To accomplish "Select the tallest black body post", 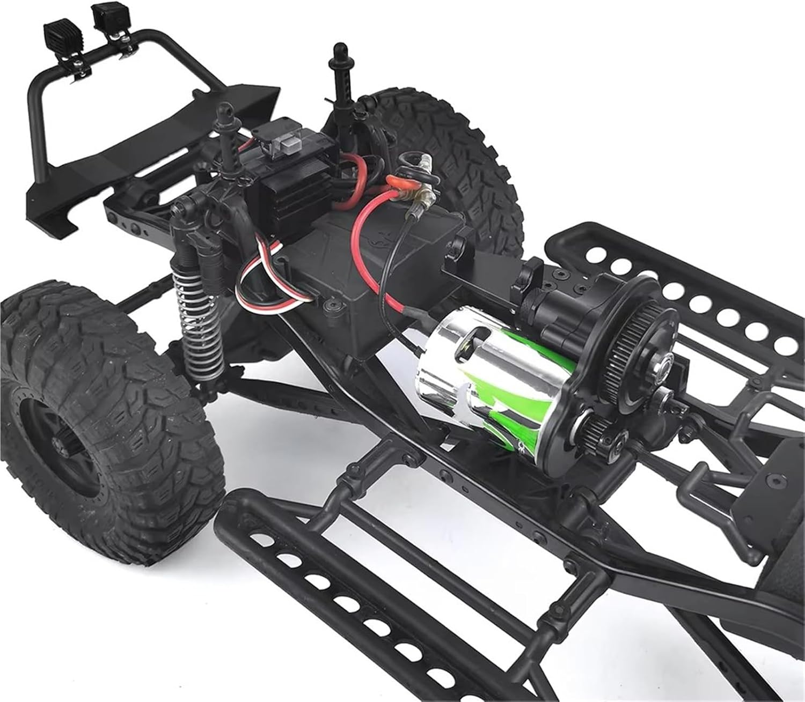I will click(339, 80).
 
